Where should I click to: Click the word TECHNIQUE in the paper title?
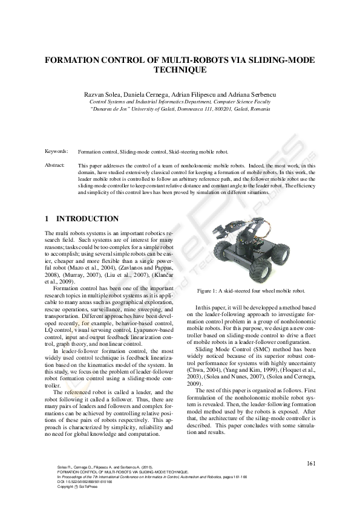click(x=180, y=70)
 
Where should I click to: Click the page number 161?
click(x=312, y=464)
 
